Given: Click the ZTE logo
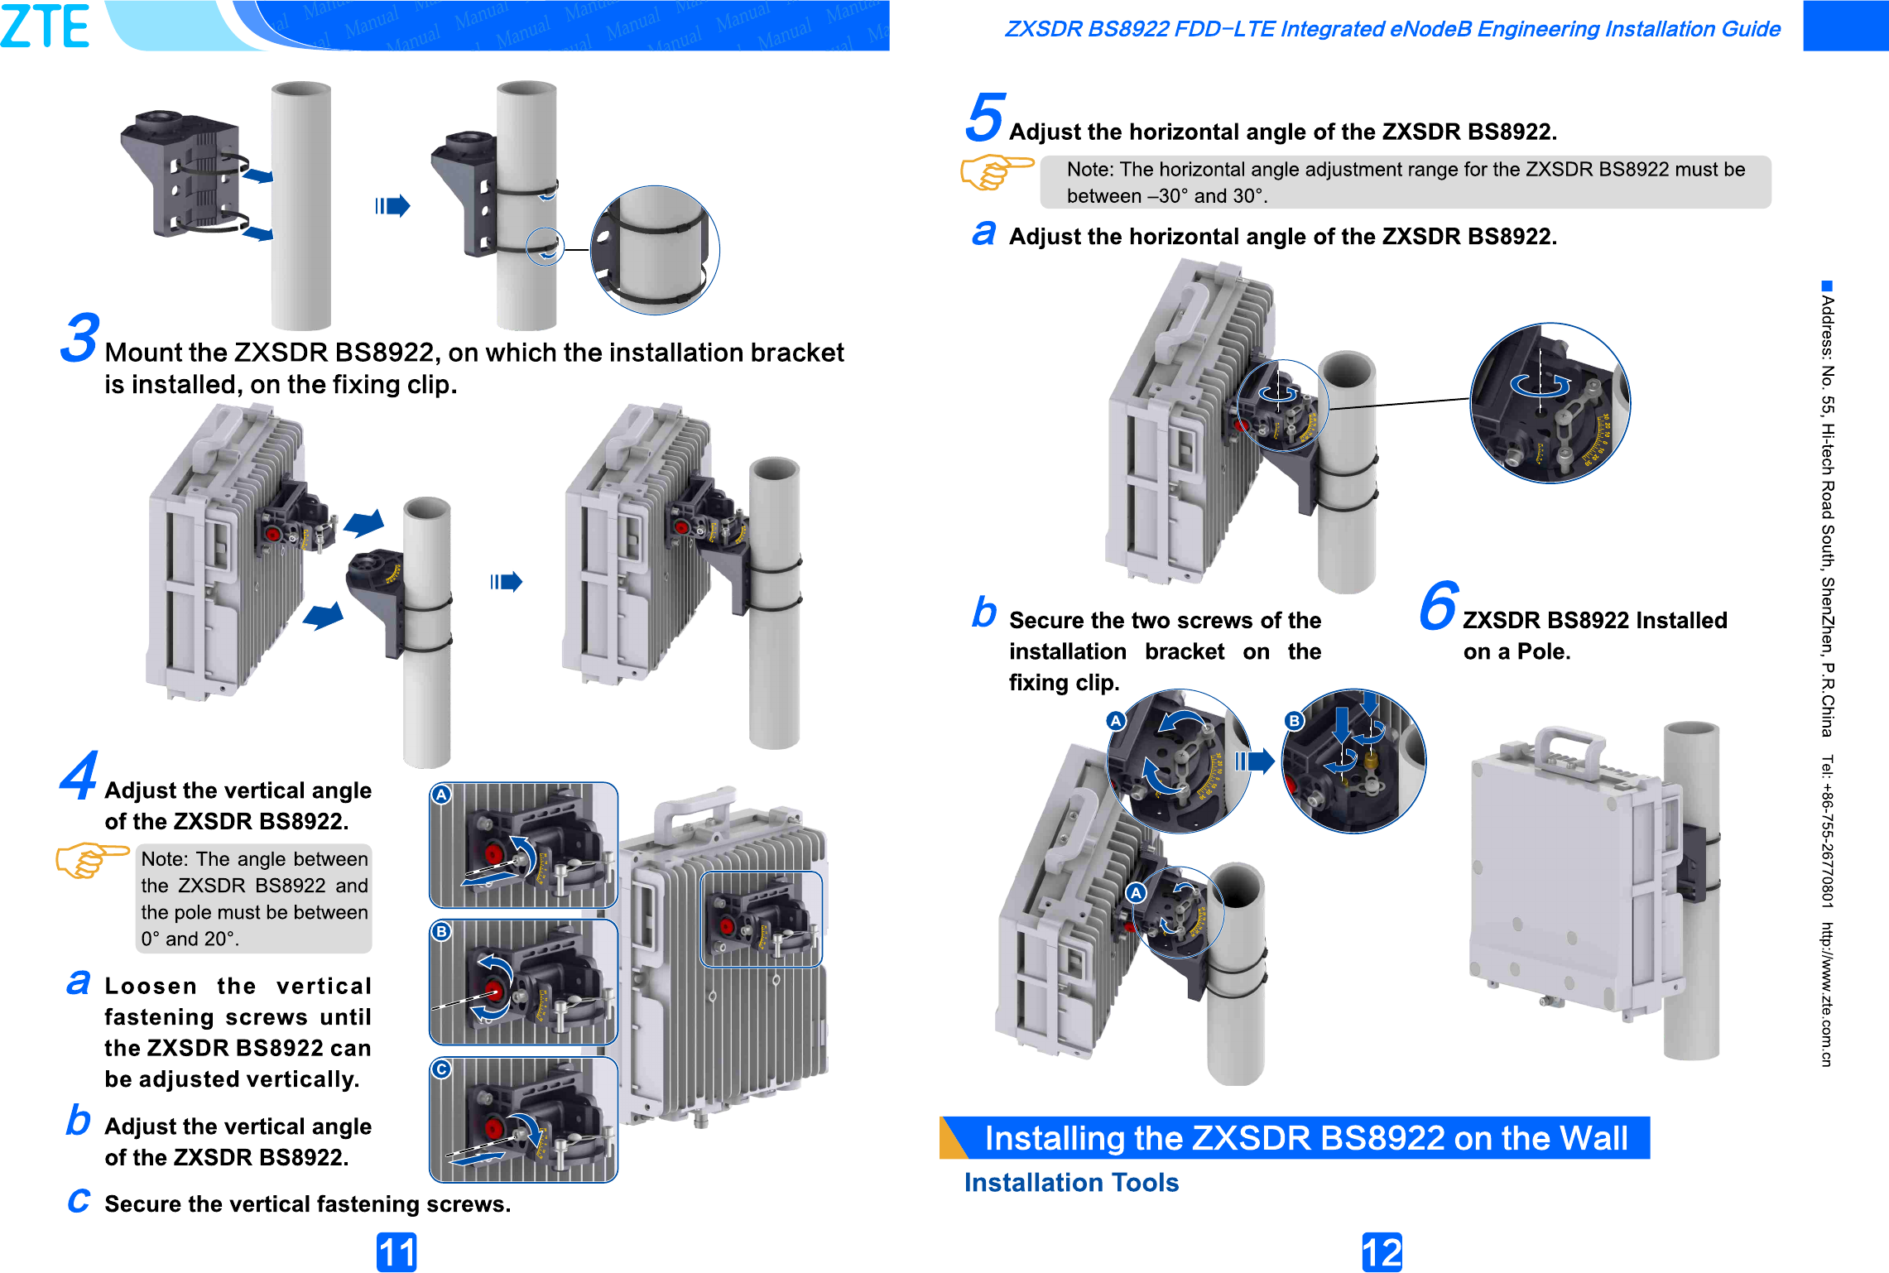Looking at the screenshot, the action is click(45, 26).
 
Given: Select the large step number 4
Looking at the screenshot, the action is click(79, 776).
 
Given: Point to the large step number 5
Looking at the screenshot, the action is click(985, 118).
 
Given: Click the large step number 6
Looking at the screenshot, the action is click(1438, 605).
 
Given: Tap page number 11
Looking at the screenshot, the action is click(397, 1252).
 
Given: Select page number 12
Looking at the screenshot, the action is click(1382, 1252).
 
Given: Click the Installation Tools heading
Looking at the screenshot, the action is click(1071, 1183).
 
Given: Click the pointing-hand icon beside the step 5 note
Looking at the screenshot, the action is click(996, 171).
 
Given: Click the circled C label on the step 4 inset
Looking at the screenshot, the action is click(442, 1069).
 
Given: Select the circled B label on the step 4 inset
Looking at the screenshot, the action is click(442, 931).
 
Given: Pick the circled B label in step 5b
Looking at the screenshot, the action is click(1294, 721).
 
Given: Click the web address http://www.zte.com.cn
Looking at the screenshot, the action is click(1827, 994).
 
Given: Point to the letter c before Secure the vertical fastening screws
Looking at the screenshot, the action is click(79, 1200).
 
